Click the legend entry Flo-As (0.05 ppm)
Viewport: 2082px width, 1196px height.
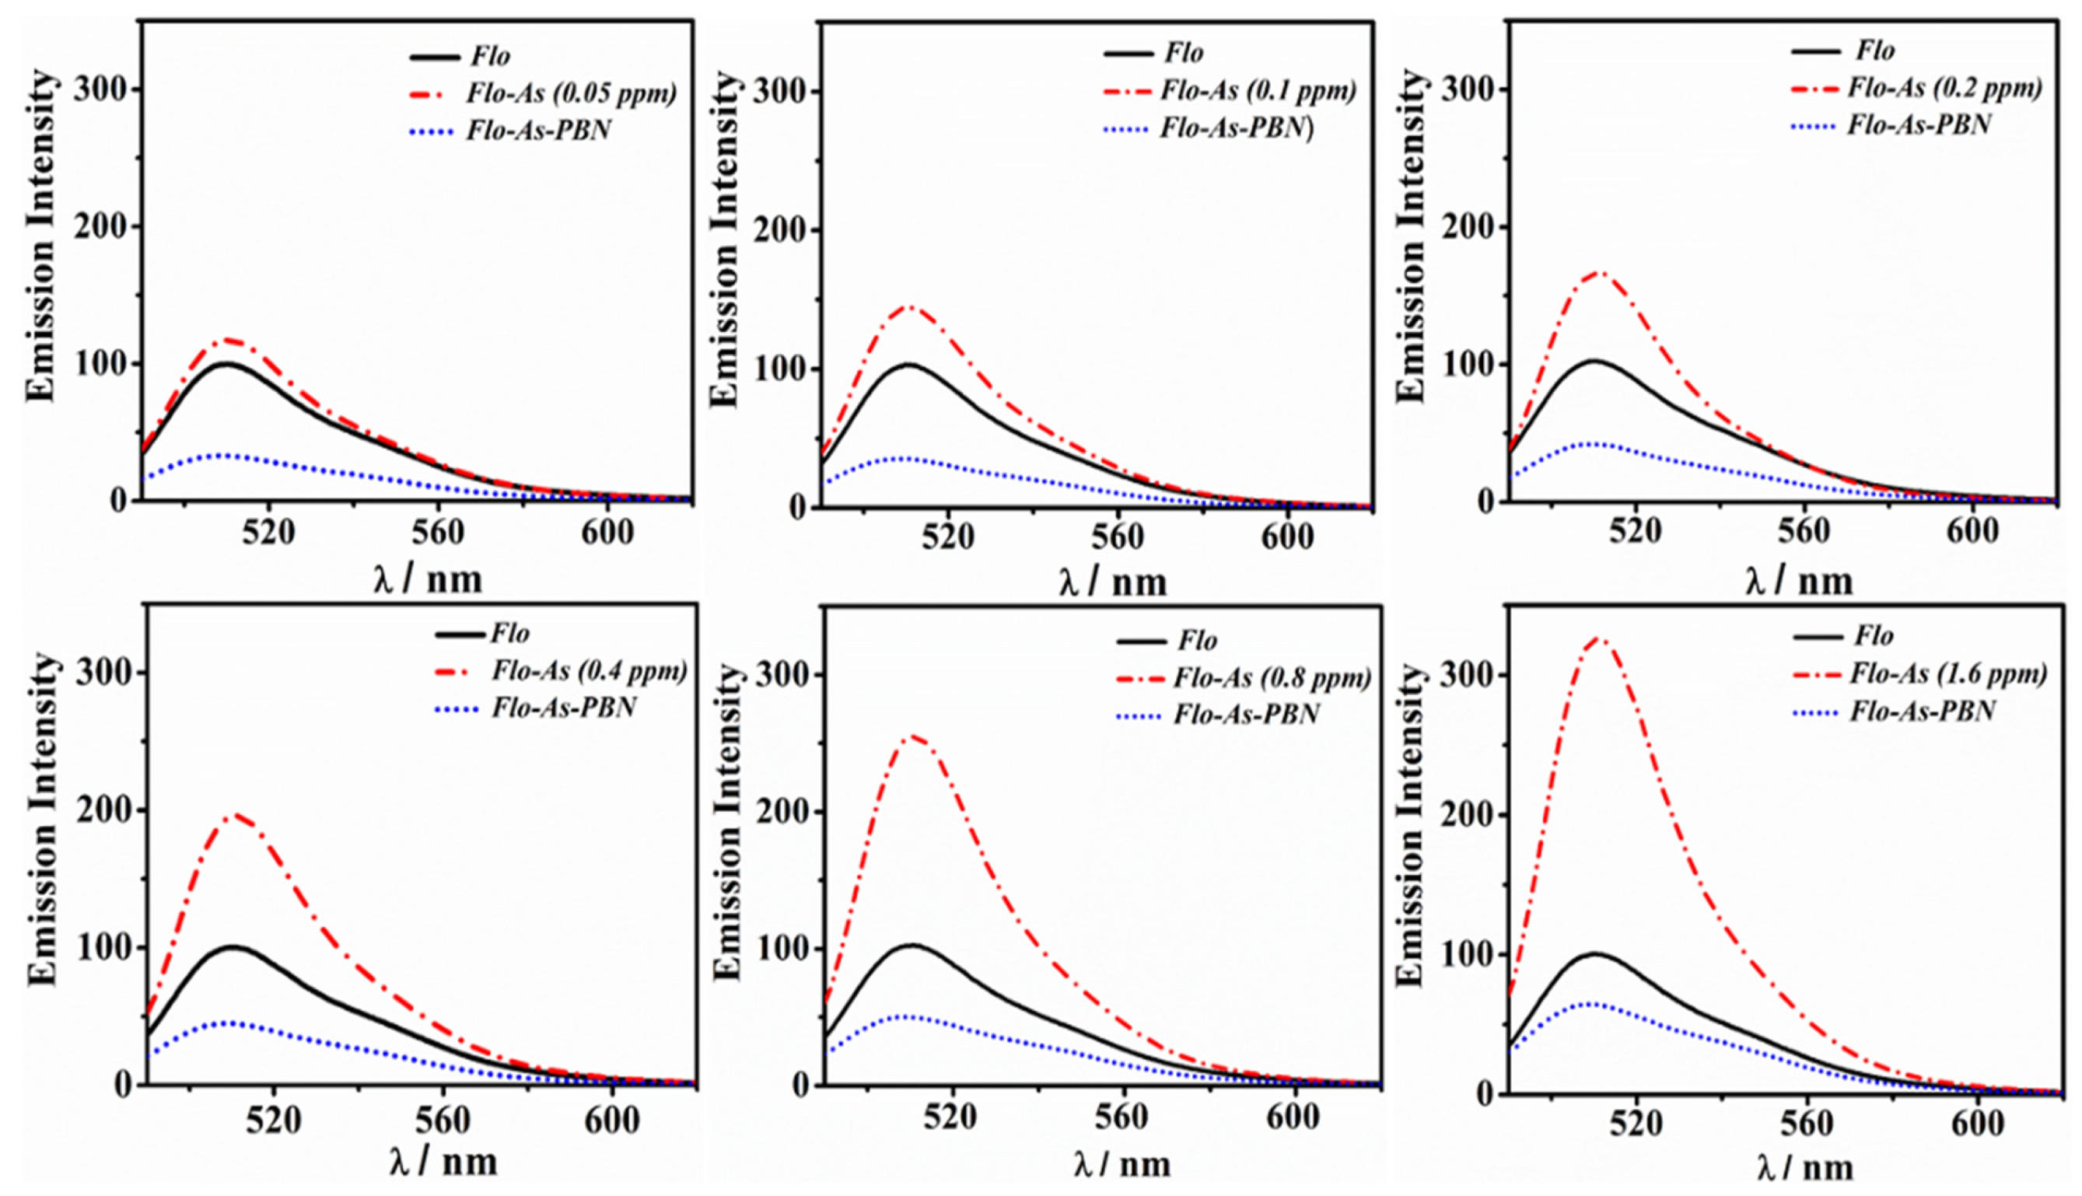pyautogui.click(x=571, y=93)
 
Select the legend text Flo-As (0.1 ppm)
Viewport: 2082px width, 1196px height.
pyautogui.click(x=1258, y=91)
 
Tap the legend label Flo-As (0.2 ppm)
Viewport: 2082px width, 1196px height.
pyautogui.click(x=1944, y=88)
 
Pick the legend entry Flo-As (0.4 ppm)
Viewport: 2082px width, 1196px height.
pyautogui.click(x=589, y=672)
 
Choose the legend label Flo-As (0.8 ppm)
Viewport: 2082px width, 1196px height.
pyautogui.click(x=1272, y=679)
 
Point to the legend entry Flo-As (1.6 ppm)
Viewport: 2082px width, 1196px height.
pyautogui.click(x=1947, y=674)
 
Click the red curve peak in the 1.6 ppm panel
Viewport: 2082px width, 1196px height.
pyautogui.click(x=1597, y=638)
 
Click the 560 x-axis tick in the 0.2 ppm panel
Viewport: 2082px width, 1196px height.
pyautogui.click(x=1804, y=531)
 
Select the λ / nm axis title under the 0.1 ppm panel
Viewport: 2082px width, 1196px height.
pyautogui.click(x=1113, y=583)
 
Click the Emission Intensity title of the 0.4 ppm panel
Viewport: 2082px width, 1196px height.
pyautogui.click(x=43, y=819)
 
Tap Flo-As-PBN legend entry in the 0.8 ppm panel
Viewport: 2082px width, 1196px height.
pyautogui.click(x=1245, y=715)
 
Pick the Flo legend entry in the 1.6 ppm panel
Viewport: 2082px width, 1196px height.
pyautogui.click(x=1874, y=637)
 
